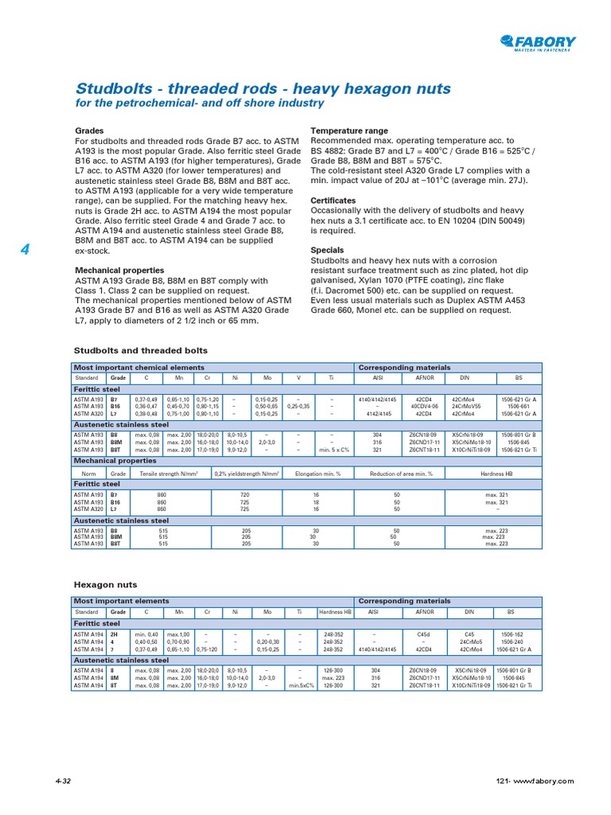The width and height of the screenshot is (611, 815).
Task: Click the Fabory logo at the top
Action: tap(538, 44)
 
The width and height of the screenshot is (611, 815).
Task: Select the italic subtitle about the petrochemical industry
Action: tap(199, 103)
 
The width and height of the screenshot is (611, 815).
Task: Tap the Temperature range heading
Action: tap(348, 131)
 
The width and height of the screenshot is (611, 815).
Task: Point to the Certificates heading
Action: tap(333, 201)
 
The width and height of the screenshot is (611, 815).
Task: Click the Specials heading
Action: tap(326, 250)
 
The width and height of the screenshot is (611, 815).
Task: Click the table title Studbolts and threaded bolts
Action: tap(140, 350)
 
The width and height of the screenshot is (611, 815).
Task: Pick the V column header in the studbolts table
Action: tap(298, 379)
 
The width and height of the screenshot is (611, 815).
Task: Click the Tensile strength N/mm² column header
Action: tap(168, 473)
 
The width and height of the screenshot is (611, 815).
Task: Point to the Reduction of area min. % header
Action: tap(401, 473)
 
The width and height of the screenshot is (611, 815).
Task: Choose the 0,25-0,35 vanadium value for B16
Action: tap(298, 407)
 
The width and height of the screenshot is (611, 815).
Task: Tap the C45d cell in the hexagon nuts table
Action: tap(422, 635)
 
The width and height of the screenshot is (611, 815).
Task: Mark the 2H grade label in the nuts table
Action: tap(115, 635)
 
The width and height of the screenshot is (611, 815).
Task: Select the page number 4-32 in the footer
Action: tap(63, 782)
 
